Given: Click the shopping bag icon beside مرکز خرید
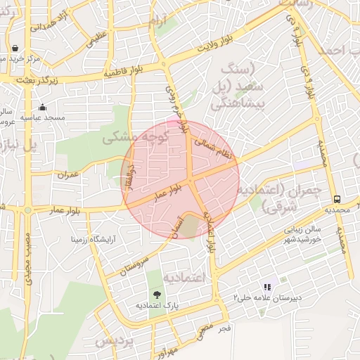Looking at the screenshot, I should pos(15,49).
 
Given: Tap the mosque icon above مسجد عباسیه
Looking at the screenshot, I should pos(43,108).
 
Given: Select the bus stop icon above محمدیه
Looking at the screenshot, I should pos(337,200).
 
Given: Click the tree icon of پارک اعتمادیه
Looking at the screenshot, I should pos(157,295).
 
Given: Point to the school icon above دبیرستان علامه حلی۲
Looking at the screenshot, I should pos(266,287).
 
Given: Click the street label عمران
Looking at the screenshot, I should pos(67,173).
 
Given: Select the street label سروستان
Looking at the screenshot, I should pos(135,262).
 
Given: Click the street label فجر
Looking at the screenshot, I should pos(224,328).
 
